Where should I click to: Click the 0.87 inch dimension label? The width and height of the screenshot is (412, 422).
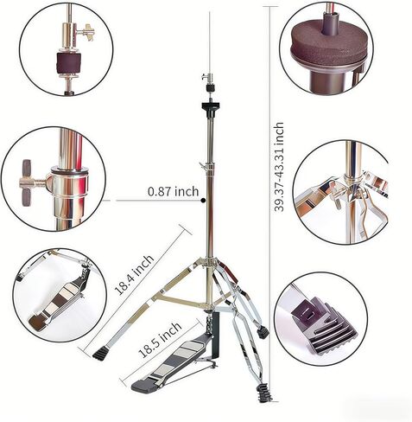174,191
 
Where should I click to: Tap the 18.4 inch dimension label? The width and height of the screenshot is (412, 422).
134,275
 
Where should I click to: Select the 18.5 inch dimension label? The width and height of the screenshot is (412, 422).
160,340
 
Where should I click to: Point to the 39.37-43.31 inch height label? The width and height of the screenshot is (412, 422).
279,167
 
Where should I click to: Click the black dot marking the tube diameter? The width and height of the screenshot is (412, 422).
203,201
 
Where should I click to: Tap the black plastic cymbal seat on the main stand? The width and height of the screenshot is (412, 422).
210,105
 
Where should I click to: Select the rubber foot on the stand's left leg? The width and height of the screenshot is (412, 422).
98,355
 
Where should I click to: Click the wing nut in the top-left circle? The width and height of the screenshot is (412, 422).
86,33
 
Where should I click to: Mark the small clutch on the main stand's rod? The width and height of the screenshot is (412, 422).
209,82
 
